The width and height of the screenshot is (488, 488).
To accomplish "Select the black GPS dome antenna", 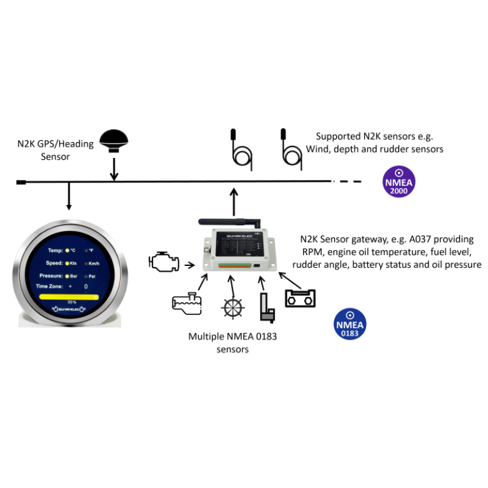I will tap(114, 140).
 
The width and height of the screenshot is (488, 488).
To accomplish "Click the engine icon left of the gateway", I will tap(164, 262).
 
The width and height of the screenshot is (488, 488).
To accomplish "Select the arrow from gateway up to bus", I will tap(234, 201).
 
